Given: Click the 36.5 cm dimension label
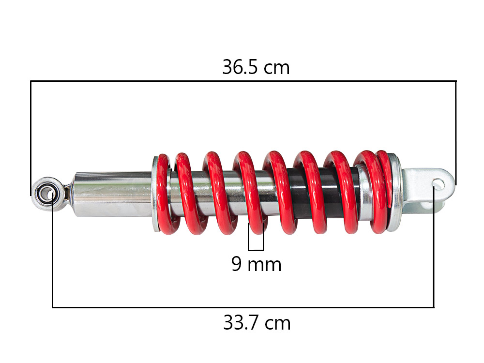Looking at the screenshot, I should coord(256,67).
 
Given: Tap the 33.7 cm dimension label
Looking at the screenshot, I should coord(257,323).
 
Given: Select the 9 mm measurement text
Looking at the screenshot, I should coord(256,264).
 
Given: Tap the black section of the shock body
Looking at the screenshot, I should coord(295,194).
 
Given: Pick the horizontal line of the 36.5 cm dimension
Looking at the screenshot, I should coord(242,81).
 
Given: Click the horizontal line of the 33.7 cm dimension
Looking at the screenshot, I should coord(242,307).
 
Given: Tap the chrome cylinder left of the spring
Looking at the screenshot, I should coord(111,194).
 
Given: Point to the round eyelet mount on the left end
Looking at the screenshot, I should coord(47,194).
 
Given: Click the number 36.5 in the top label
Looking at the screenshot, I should coord(242,67).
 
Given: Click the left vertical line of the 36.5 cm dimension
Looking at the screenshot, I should coord(30,136).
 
